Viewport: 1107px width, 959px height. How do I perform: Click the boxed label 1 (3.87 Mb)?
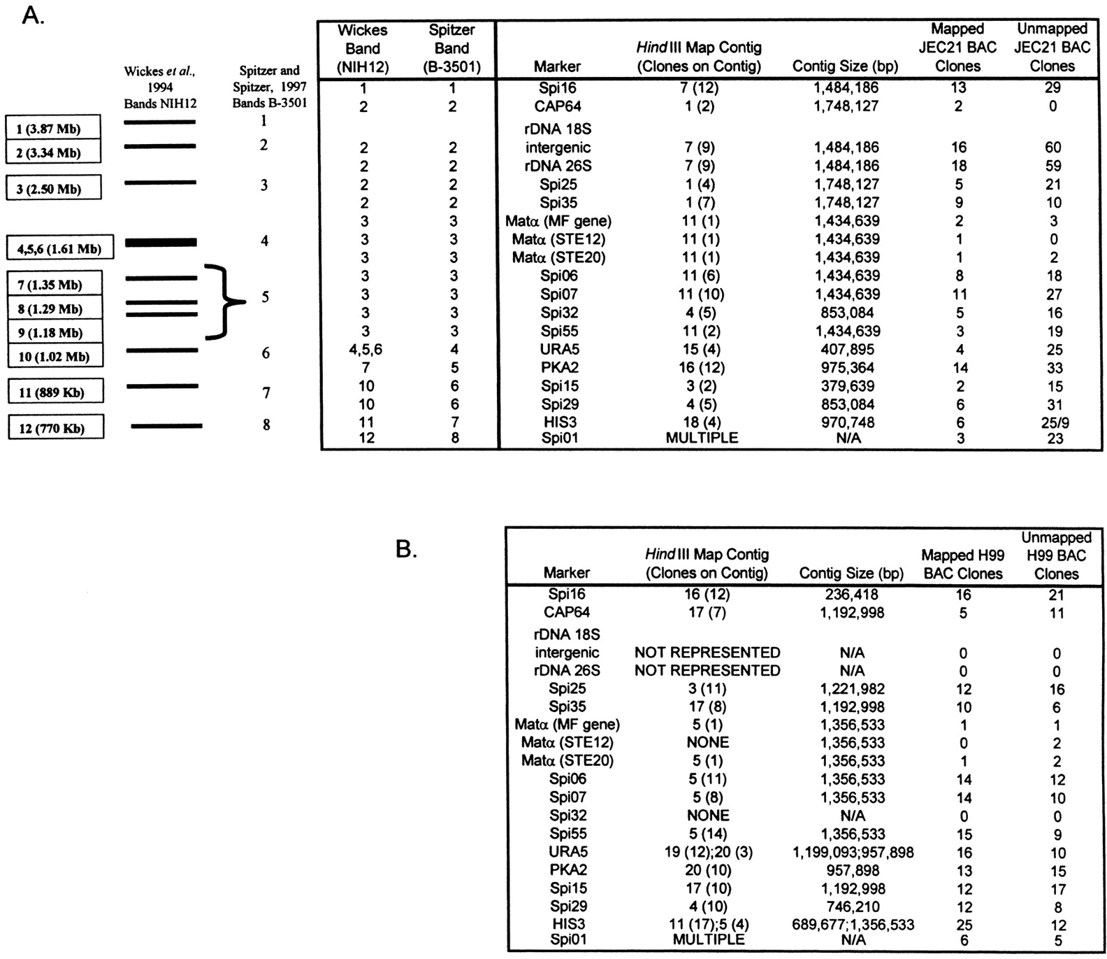click(x=53, y=128)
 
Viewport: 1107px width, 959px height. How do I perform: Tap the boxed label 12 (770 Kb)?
click(x=56, y=427)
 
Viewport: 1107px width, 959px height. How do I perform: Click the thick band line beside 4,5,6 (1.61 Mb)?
click(x=161, y=242)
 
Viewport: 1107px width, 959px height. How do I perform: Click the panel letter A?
click(x=33, y=16)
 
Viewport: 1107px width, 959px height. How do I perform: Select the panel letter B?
click(x=407, y=549)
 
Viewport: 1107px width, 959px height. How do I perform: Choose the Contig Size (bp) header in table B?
click(x=851, y=574)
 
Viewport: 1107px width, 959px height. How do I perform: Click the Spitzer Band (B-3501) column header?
click(x=451, y=48)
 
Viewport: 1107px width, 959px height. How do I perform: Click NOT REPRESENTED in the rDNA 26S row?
click(x=707, y=670)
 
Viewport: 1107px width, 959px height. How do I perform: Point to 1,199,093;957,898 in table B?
click(x=853, y=852)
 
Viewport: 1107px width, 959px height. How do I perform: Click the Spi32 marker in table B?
click(x=567, y=816)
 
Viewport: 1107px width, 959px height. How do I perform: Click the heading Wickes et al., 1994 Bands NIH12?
click(x=160, y=87)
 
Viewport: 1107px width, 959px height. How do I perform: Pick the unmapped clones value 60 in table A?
click(x=1052, y=148)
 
